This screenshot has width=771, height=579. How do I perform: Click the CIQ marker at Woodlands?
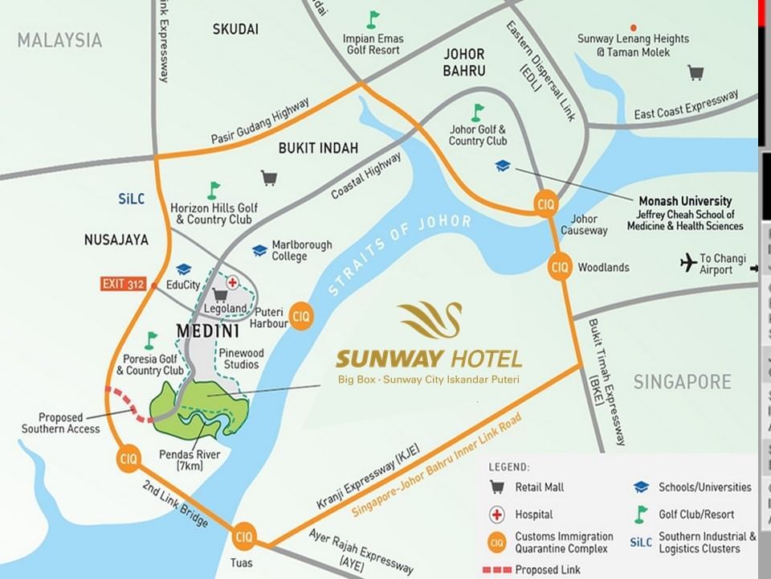click(560, 266)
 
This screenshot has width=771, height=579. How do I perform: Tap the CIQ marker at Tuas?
click(243, 536)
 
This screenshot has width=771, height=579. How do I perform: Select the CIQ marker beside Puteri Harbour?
click(300, 313)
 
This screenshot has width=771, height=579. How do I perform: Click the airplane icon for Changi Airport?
click(687, 263)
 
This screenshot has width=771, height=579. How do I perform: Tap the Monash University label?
click(684, 201)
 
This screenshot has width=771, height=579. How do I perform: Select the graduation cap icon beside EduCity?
click(183, 269)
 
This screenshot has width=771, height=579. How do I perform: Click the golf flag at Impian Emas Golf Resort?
click(373, 19)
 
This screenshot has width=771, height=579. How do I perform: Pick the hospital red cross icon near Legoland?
click(233, 282)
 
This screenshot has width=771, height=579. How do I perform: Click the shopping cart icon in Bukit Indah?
click(269, 177)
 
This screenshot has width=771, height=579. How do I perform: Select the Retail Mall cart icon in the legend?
click(498, 487)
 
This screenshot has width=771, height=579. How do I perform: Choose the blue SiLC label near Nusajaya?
click(131, 199)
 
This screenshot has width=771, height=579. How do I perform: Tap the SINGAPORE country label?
click(682, 381)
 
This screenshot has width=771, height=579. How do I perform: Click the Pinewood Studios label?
click(240, 359)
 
